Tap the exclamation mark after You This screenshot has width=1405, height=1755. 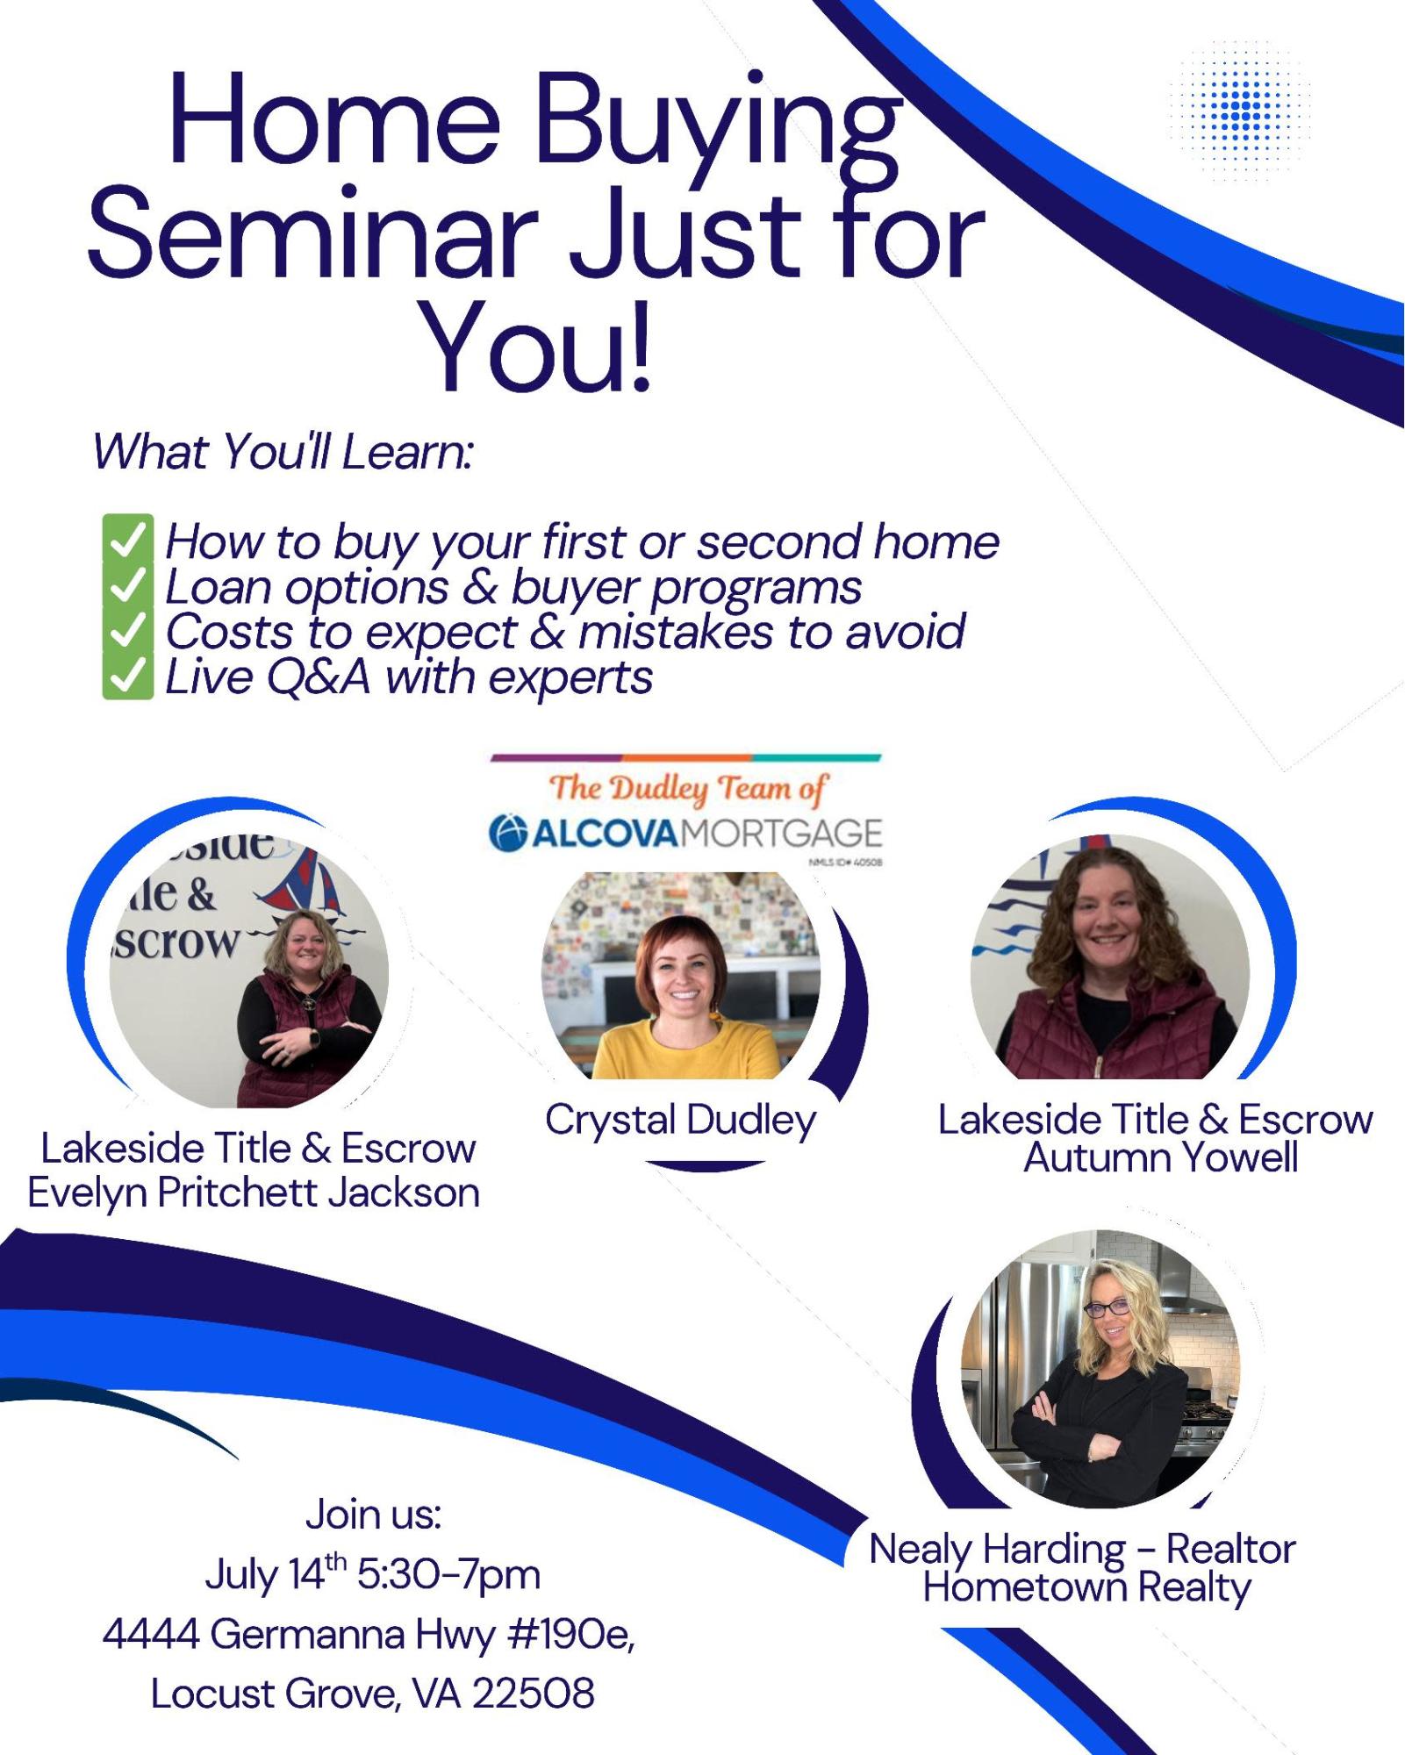(640, 346)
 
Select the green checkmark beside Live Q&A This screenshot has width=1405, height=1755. (127, 677)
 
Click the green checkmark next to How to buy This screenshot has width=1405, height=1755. (127, 539)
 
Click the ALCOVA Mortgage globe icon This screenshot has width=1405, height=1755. (508, 833)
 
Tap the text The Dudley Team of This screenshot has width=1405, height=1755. (688, 788)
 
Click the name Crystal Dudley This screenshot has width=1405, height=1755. (680, 1121)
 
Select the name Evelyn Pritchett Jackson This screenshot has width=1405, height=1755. (254, 1193)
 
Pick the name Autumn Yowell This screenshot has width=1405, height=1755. (1161, 1157)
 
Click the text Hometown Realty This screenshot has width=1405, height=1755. (1086, 1587)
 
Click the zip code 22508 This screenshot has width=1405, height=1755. (534, 1694)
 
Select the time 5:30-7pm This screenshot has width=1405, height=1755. (448, 1575)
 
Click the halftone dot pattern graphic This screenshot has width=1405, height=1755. (1240, 111)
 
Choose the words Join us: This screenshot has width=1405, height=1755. (374, 1515)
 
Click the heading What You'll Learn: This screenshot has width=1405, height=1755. (283, 451)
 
